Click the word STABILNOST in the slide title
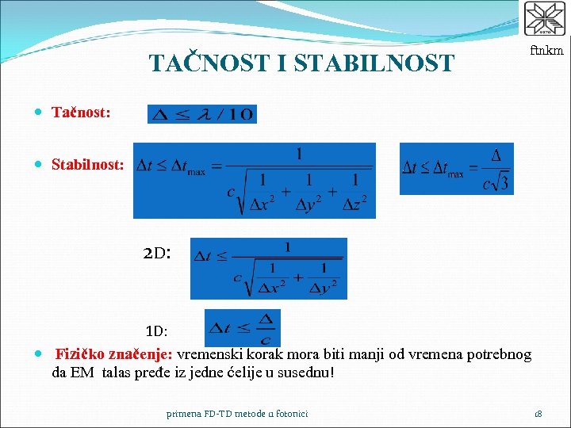click(x=374, y=63)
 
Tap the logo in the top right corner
click(x=545, y=20)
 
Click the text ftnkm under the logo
click(x=546, y=51)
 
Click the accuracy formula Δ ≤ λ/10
click(x=202, y=114)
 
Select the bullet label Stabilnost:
click(x=87, y=165)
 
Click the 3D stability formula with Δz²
click(x=254, y=180)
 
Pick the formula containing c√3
click(x=456, y=168)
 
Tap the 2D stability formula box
click(x=268, y=269)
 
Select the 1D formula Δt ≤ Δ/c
click(x=242, y=327)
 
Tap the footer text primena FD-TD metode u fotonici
click(x=237, y=413)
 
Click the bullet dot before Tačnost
click(x=40, y=114)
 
